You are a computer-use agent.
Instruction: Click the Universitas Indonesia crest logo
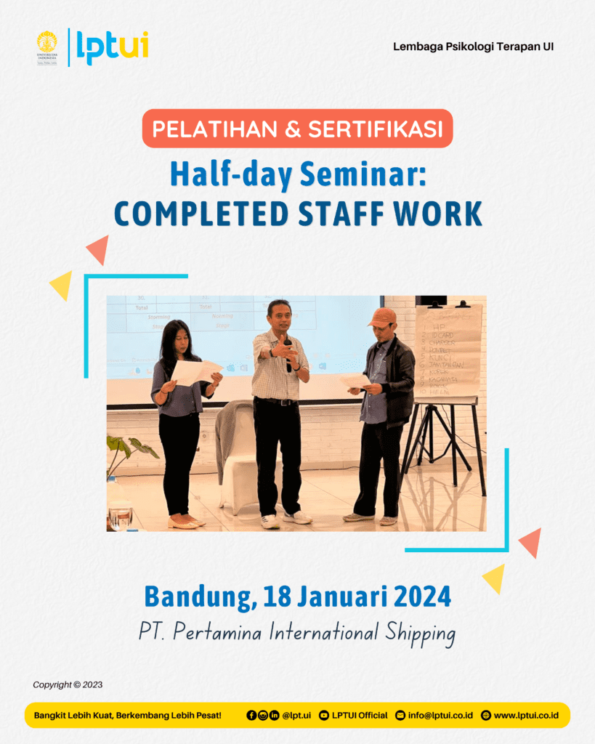(x=46, y=47)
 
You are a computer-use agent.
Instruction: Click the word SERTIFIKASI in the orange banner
(x=375, y=129)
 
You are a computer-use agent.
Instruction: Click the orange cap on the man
(x=382, y=316)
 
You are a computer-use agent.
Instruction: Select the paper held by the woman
(x=196, y=371)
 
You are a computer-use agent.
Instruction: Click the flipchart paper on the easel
(x=448, y=352)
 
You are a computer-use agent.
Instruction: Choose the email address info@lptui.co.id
(x=440, y=716)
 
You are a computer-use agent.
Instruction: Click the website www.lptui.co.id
(x=526, y=716)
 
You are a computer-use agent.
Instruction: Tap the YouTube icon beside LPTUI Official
(x=324, y=716)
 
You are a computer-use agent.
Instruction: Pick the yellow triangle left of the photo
(x=61, y=284)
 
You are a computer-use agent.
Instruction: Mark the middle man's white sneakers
(x=286, y=519)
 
